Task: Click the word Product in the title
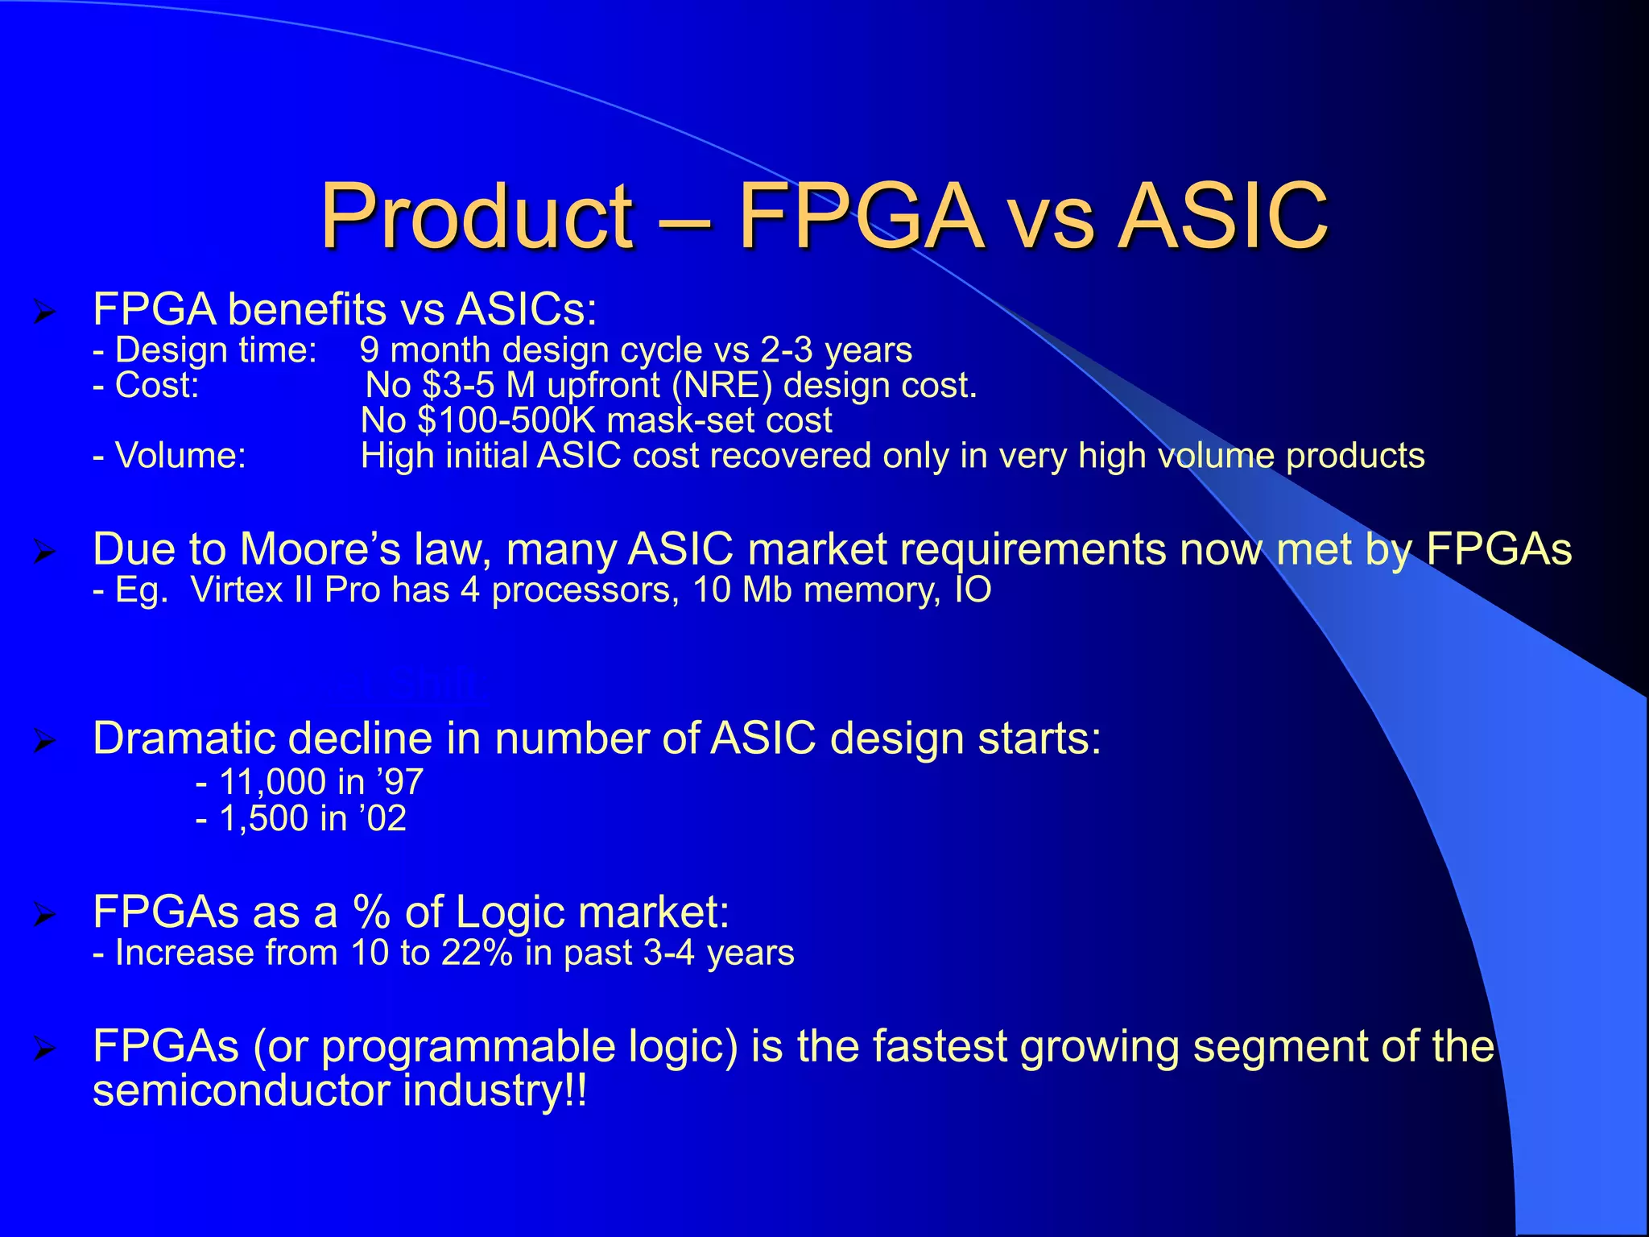(477, 216)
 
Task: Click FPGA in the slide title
(860, 216)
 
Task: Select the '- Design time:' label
(205, 350)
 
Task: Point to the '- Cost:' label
(146, 385)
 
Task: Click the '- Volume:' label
(169, 456)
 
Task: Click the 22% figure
(476, 953)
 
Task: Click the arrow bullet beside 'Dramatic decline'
(44, 741)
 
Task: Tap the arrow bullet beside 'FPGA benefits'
(44, 311)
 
